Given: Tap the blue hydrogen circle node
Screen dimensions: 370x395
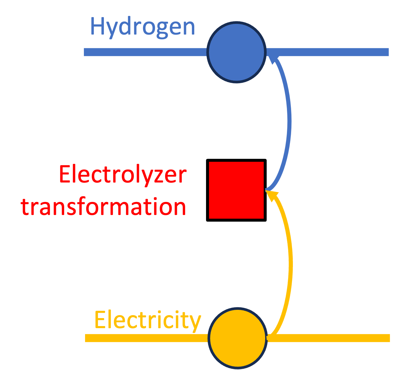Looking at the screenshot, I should click(236, 52).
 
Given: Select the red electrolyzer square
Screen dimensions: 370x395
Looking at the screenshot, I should click(236, 190).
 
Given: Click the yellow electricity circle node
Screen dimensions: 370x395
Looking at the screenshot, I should click(237, 338).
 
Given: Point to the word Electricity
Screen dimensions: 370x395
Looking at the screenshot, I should click(147, 321).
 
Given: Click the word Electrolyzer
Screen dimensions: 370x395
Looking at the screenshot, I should click(122, 175).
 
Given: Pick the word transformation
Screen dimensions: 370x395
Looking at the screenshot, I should click(104, 207).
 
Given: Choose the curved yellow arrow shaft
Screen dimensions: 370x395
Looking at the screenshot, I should click(290, 265).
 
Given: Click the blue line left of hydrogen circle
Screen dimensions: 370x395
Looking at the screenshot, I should click(144, 52).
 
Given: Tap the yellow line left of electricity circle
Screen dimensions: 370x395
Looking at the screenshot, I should click(146, 338).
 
